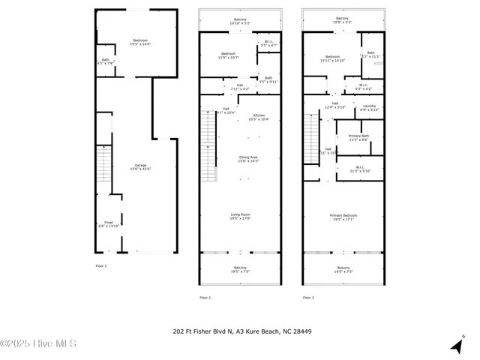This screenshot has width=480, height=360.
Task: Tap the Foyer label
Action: [108, 223]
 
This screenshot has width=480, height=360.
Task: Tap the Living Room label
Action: [240, 216]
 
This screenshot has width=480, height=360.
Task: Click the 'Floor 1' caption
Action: [101, 266]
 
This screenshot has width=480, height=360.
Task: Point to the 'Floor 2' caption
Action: [205, 298]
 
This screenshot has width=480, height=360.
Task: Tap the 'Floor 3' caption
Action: [308, 298]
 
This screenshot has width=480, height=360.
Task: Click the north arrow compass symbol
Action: [455, 346]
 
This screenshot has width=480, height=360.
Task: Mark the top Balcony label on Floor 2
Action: [240, 19]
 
